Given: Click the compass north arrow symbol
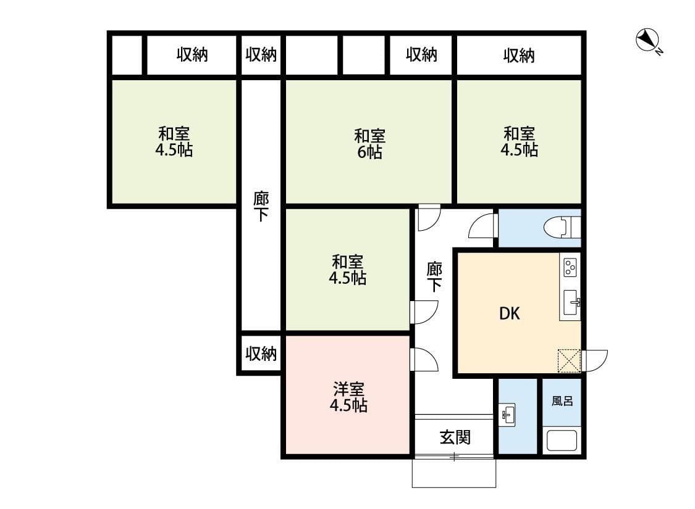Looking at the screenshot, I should point(646,41).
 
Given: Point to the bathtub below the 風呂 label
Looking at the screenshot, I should point(562,442).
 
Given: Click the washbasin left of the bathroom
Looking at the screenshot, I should point(508,415).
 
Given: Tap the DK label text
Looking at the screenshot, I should point(510,314).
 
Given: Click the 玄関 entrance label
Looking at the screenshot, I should point(455,437).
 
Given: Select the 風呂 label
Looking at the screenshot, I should point(562,400).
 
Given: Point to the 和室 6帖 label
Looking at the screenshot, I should point(369,143).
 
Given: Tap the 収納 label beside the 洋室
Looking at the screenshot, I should point(261,354).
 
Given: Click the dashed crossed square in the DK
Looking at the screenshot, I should point(570,362).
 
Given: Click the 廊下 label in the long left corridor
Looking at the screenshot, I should point(261,207).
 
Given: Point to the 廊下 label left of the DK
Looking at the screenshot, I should point(435,276).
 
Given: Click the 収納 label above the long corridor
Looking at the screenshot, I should point(261,55).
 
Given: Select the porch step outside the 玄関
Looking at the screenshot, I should point(454,473).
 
